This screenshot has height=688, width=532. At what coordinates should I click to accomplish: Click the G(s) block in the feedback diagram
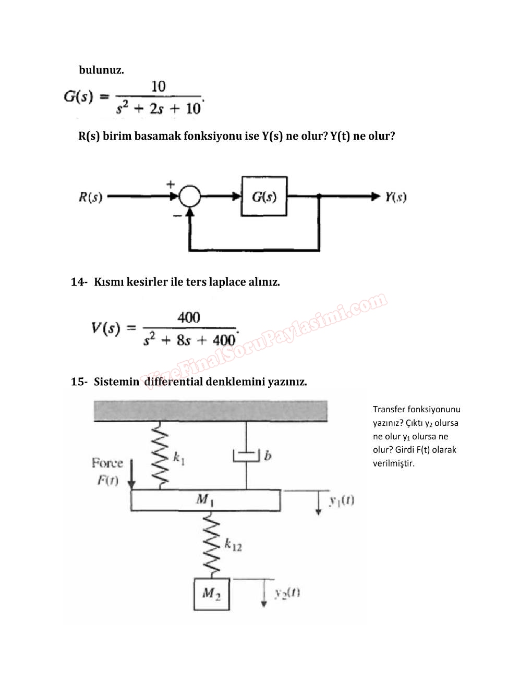(264, 196)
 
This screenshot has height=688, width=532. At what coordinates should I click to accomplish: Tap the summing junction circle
(190, 196)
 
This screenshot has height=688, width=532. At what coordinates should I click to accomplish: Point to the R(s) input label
(90, 197)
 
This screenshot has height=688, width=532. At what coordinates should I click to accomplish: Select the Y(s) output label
(396, 197)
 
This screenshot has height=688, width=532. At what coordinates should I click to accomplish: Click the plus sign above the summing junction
(171, 184)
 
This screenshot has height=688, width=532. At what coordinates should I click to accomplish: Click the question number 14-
(79, 282)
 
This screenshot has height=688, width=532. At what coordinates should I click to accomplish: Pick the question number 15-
(79, 382)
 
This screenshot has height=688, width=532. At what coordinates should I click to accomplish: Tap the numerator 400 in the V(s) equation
(188, 317)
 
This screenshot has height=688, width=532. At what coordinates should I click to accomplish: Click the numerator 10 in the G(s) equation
(158, 86)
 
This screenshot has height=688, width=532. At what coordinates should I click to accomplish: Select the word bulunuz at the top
(101, 70)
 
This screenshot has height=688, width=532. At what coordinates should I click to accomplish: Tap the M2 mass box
(211, 593)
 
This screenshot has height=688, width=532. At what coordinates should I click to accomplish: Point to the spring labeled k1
(160, 455)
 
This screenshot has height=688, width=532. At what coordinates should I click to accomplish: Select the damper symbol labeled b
(246, 456)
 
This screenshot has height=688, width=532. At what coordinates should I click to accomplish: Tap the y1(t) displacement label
(342, 500)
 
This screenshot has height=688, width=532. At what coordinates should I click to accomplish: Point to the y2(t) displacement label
(287, 593)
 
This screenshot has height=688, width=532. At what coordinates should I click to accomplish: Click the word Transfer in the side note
(389, 410)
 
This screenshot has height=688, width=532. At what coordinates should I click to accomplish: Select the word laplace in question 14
(227, 282)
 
